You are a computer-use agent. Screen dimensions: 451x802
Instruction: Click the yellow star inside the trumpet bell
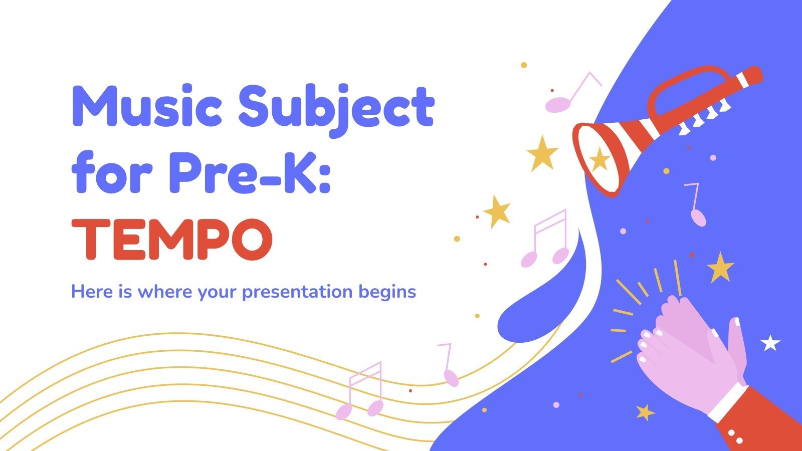(x=599, y=160)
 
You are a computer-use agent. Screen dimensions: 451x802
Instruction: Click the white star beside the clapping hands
(x=770, y=343)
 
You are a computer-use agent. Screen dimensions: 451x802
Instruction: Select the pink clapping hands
(x=692, y=351)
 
